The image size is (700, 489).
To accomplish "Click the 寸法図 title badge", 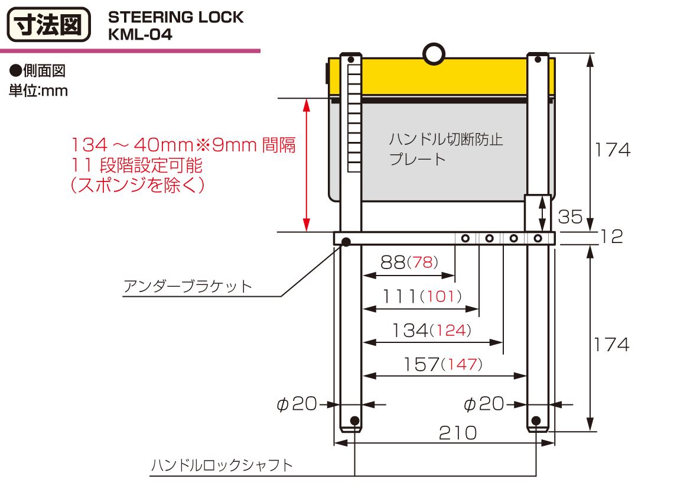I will [x=48, y=25].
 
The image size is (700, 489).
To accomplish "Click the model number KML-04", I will [x=140, y=35].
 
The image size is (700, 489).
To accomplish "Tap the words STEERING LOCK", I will [x=175, y=17].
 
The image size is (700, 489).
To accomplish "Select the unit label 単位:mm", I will [x=38, y=91].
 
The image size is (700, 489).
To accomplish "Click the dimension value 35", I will [x=570, y=217].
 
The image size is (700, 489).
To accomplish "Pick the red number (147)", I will [x=461, y=364].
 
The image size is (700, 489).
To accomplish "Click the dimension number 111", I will [x=399, y=296].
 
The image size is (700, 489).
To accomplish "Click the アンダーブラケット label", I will [x=187, y=287].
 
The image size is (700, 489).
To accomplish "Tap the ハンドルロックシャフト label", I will [x=222, y=465].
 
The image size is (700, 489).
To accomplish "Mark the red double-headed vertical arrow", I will [x=306, y=166].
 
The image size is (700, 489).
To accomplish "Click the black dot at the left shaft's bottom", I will [x=354, y=420].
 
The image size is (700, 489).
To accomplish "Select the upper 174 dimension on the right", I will [x=612, y=150].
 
